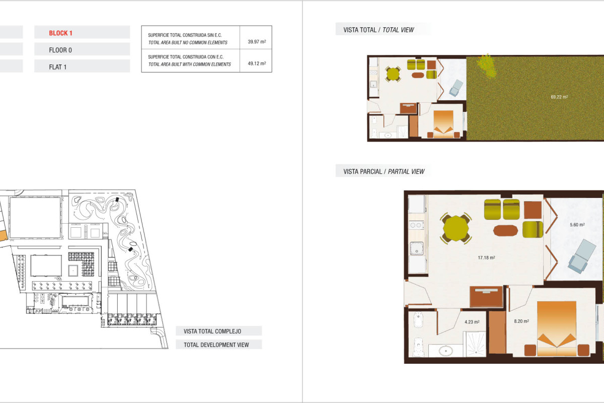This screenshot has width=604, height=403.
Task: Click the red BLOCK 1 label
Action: click(x=61, y=33)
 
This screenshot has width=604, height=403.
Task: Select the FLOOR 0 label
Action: click(x=61, y=50)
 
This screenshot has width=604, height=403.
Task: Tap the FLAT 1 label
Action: click(x=58, y=66)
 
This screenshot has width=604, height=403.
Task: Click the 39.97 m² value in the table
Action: click(x=257, y=42)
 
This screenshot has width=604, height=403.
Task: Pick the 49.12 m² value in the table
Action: click(x=257, y=64)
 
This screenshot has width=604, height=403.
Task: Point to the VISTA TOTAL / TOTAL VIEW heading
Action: click(x=379, y=30)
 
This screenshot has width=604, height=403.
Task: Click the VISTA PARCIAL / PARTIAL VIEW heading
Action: click(x=384, y=172)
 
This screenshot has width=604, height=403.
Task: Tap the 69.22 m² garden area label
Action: click(x=559, y=97)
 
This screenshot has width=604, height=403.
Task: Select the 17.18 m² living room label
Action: click(x=486, y=257)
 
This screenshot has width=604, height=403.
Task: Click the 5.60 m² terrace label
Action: click(x=577, y=225)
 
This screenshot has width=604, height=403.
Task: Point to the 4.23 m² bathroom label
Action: click(x=472, y=322)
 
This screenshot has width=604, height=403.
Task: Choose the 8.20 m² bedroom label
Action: click(x=521, y=320)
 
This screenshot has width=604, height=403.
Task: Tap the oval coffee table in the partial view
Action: click(x=505, y=230)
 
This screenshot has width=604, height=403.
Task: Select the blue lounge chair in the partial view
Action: click(x=582, y=256)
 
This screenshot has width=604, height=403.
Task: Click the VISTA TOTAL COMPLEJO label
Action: click(x=212, y=331)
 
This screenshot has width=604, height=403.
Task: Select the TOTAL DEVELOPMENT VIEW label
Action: click(x=216, y=345)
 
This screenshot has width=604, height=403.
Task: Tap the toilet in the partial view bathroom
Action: click(x=418, y=348)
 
